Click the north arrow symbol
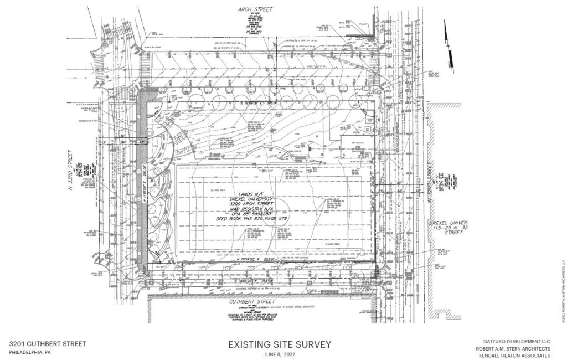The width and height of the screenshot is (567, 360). click(450, 42)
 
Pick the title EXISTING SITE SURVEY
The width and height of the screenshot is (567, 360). click(280, 344)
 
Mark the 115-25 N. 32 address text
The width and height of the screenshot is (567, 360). click(446, 228)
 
